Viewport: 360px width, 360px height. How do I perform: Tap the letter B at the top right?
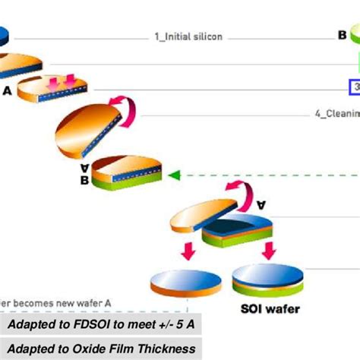(343, 34)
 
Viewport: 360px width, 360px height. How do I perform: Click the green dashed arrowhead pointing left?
(174, 175)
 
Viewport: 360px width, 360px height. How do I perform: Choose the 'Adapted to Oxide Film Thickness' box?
(103, 349)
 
